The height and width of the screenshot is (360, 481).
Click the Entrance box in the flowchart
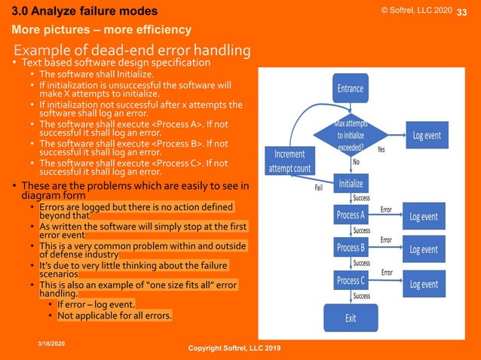[x=350, y=88]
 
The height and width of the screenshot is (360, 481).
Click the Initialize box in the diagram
[x=351, y=183]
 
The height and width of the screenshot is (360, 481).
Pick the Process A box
[x=351, y=215]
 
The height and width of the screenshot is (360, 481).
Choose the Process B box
[x=351, y=247]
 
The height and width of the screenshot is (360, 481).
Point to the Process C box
[x=351, y=281]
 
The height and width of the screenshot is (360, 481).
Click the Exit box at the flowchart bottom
[x=351, y=318]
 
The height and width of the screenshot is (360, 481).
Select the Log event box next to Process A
[x=424, y=216]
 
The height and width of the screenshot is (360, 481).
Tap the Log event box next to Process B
[x=424, y=249]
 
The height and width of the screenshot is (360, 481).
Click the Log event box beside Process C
[x=424, y=284]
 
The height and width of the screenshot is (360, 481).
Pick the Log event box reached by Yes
[x=427, y=136]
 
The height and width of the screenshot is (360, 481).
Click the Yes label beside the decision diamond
[x=381, y=150]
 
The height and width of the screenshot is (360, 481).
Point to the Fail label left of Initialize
[x=319, y=188]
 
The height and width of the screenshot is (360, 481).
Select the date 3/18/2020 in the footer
[x=52, y=343]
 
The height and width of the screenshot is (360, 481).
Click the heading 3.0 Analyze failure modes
[x=84, y=11]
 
